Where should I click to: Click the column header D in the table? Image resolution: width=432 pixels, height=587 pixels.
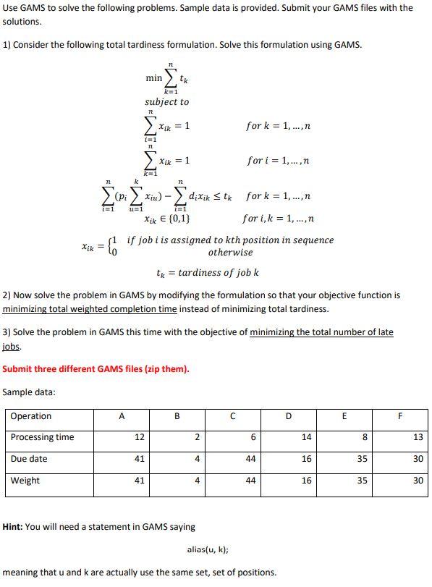[x=289, y=416]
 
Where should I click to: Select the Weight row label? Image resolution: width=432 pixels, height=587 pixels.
[x=25, y=481]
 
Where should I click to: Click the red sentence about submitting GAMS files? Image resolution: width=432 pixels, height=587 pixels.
[x=96, y=368]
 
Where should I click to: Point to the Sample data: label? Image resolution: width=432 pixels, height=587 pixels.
[x=29, y=392]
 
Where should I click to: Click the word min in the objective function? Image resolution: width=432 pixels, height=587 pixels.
[x=153, y=77]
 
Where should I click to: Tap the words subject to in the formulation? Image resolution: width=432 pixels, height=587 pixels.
[x=166, y=102]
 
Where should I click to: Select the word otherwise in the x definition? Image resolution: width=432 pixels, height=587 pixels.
[x=230, y=253]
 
